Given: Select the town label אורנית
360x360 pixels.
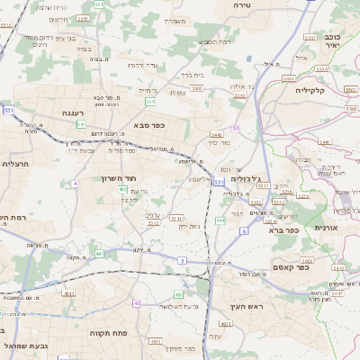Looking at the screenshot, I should click(x=325, y=229).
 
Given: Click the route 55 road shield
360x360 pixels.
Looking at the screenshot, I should click(x=237, y=130).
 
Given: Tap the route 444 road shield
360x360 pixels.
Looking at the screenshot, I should click(x=220, y=220).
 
